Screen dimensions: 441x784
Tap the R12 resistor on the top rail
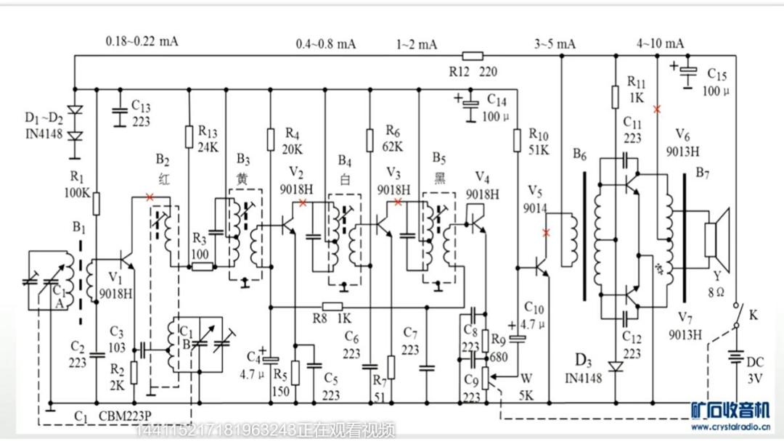tap(473, 55)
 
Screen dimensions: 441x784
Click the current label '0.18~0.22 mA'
tap(142, 41)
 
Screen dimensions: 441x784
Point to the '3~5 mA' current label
tap(555, 44)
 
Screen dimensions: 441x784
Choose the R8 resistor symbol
tap(332, 305)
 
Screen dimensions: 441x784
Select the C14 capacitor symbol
tap(472, 105)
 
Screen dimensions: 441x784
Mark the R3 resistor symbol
tap(202, 266)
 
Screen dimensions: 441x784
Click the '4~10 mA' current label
tap(660, 43)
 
